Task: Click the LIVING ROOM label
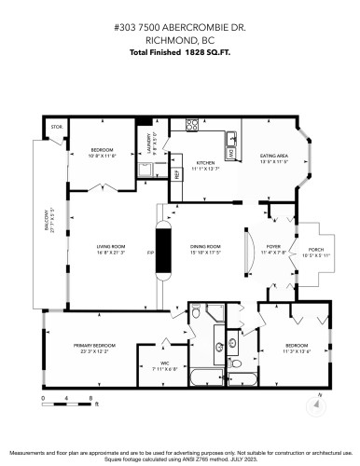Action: (x=110, y=246)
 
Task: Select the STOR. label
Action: (x=56, y=127)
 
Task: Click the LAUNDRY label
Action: (x=148, y=143)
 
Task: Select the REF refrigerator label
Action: (x=177, y=173)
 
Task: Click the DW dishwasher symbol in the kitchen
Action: (x=230, y=154)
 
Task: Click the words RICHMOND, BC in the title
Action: (x=179, y=40)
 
